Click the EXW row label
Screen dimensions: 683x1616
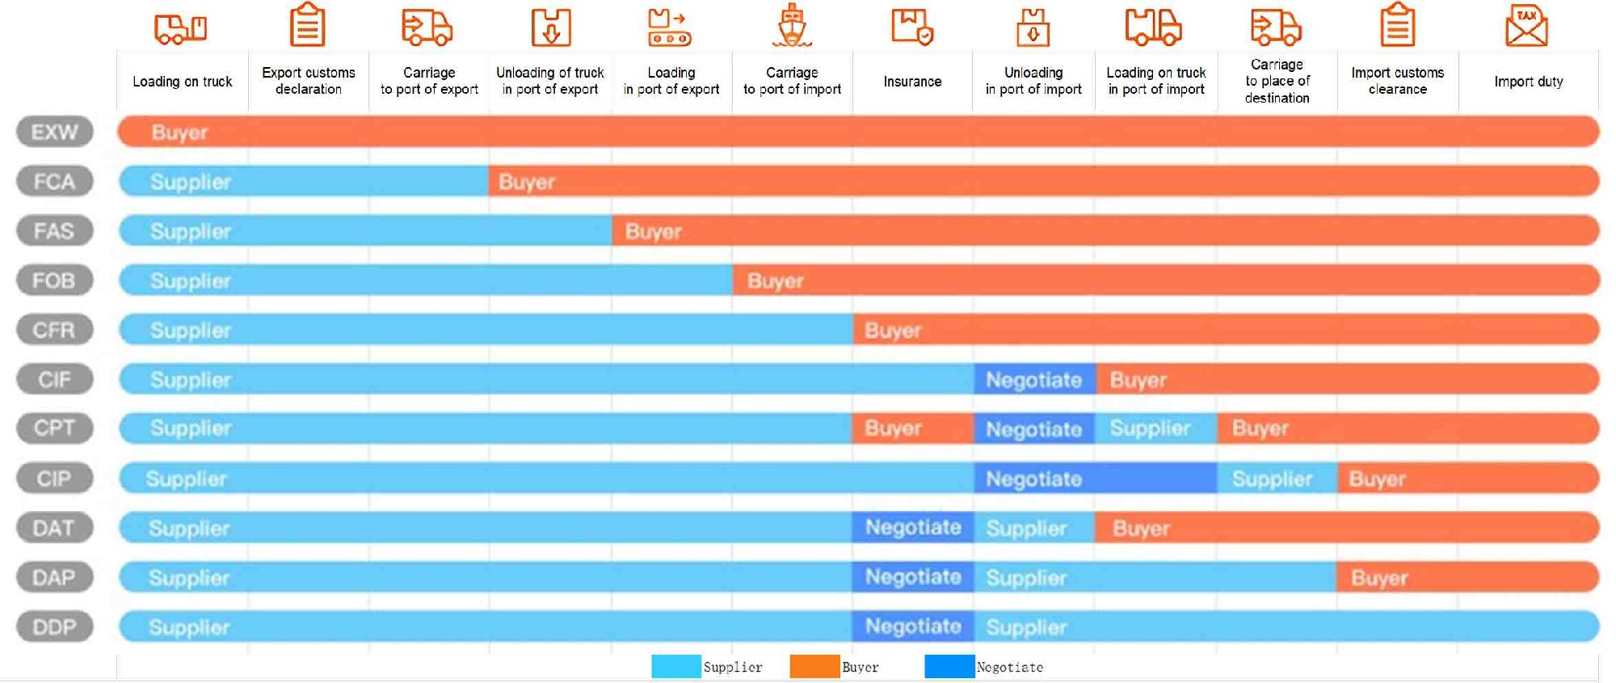coord(54,132)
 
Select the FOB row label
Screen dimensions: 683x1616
coord(54,280)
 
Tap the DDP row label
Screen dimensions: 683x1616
coord(54,626)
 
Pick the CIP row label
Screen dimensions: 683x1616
coord(54,479)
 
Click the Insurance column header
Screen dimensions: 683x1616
coord(912,82)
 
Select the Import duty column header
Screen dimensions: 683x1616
coord(1528,82)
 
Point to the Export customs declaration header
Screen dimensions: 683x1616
coord(308,81)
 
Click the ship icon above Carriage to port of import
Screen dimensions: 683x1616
coord(792,26)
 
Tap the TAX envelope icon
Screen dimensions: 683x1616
coord(1526,26)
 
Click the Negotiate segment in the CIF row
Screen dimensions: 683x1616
coord(1034,380)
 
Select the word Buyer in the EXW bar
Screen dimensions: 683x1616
coord(179,133)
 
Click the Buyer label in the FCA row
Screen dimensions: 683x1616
coord(527,182)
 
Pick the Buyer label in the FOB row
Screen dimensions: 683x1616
coord(775,281)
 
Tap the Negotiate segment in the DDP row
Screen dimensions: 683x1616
coord(913,626)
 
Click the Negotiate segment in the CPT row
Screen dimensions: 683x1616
coord(1034,429)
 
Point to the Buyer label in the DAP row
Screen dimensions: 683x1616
coord(1379,578)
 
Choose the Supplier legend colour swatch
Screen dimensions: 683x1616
coord(675,667)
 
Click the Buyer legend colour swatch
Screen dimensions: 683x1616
coord(814,667)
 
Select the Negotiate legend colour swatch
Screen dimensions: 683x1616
coord(949,667)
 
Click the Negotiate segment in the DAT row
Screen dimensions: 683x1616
coord(913,528)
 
